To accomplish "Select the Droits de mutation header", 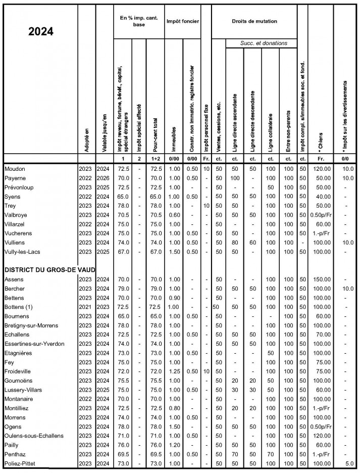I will click(x=254, y=21).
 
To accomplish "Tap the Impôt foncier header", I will click(x=182, y=21).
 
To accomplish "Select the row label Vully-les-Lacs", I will click(x=24, y=251).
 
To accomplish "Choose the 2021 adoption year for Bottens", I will click(x=85, y=307).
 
